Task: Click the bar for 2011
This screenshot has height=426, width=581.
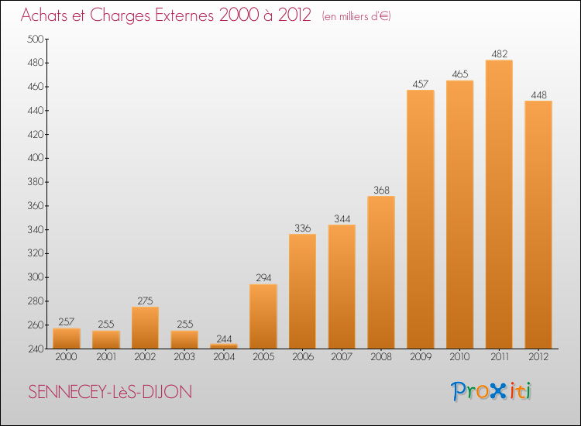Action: (499, 204)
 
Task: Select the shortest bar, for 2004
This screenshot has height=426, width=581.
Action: (224, 346)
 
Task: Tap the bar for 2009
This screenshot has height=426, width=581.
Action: (421, 219)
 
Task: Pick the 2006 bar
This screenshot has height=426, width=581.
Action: (302, 291)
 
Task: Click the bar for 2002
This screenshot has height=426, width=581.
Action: (146, 328)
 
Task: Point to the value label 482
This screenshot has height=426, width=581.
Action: (500, 54)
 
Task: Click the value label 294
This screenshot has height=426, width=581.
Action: (263, 278)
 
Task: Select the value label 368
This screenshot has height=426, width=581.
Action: (381, 190)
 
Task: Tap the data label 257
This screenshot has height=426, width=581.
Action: (67, 322)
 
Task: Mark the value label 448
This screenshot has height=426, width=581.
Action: (538, 95)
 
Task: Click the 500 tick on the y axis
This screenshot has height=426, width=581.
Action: (35, 39)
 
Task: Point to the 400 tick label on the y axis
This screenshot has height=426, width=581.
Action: (35, 158)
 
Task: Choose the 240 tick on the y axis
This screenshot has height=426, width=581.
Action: (35, 349)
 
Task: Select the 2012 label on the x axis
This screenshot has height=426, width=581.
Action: (538, 357)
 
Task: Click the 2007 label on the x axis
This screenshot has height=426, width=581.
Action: (342, 357)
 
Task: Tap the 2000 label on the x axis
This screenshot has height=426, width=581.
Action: (66, 357)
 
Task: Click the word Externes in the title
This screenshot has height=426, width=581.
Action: (184, 15)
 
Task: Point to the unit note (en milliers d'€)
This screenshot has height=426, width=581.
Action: (356, 16)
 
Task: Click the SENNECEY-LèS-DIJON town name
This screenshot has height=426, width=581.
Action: (110, 392)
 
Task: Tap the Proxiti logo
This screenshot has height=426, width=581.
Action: (491, 391)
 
